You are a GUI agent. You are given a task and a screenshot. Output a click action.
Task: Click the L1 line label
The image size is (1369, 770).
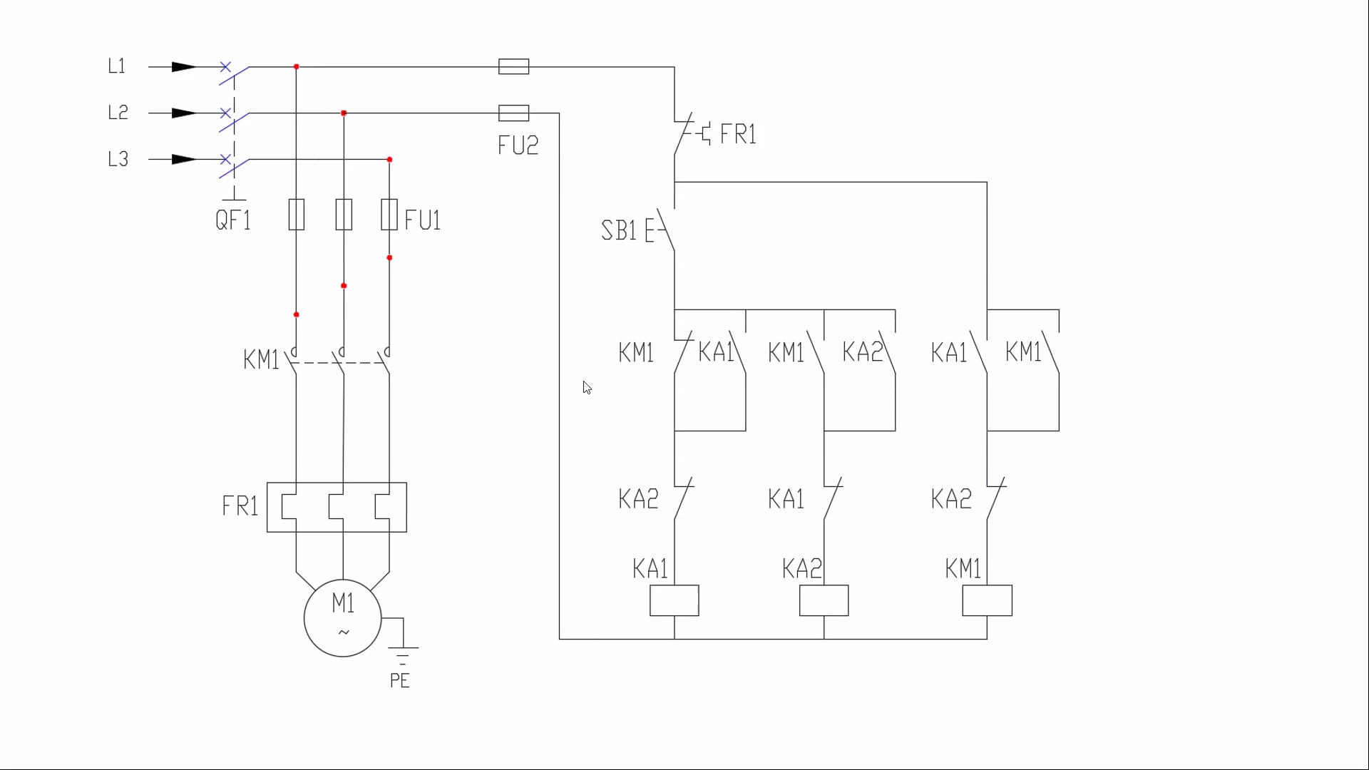117,66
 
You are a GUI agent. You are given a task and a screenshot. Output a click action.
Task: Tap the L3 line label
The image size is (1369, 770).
118,159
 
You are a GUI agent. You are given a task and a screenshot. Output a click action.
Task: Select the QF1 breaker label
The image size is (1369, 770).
233,220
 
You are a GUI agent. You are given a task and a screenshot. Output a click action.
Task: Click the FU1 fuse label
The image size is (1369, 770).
423,220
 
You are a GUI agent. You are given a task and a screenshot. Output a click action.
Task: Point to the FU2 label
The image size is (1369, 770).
518,145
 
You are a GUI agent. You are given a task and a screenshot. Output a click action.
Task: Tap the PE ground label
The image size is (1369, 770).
400,681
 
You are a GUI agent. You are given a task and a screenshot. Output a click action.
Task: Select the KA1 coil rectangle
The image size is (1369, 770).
675,600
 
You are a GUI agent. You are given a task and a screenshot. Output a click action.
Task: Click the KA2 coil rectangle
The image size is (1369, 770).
824,600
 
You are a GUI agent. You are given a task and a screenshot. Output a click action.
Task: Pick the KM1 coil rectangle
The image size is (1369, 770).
988,600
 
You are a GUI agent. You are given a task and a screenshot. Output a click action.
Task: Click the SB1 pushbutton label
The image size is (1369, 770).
619,231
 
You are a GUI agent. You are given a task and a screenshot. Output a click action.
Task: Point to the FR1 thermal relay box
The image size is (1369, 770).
337,483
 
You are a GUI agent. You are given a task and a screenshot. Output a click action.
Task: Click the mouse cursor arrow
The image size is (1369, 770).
587,387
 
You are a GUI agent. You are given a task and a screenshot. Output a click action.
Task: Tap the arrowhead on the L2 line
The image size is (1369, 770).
184,113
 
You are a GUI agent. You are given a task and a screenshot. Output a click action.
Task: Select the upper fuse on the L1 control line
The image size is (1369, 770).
514,67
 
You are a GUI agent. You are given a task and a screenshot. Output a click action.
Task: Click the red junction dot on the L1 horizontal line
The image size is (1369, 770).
297,67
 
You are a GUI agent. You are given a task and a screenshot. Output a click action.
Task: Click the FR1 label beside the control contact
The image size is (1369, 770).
739,134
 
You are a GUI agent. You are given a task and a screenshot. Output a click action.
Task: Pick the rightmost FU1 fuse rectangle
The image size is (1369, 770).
389,215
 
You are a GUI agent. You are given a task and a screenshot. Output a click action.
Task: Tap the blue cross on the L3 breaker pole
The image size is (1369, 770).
225,159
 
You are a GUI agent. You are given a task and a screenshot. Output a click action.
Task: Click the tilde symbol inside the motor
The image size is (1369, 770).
344,632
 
